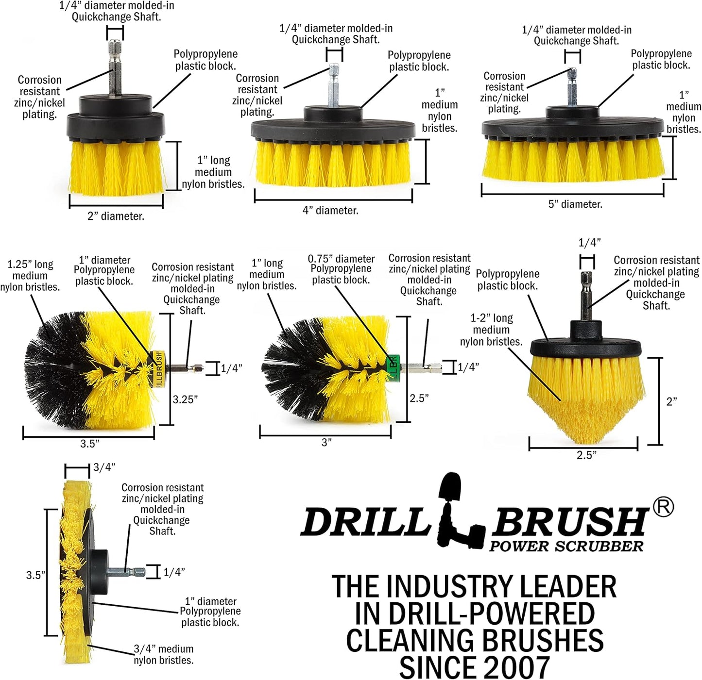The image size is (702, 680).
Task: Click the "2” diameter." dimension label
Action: (116, 216)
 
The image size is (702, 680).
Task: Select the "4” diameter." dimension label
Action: (330, 211)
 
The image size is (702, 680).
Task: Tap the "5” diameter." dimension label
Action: (575, 204)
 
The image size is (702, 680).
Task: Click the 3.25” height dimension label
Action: (185, 399)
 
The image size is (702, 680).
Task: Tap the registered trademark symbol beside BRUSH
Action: (663, 507)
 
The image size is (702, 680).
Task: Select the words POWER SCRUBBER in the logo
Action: (566, 546)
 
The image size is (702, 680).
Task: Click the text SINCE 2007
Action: (474, 667)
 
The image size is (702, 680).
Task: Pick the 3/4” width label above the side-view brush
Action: (104, 467)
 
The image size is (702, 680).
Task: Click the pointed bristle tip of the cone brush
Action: (583, 439)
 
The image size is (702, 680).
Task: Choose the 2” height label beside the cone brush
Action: (671, 402)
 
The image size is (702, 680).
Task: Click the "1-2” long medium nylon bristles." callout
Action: (491, 330)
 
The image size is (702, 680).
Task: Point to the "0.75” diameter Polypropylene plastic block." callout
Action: (341, 269)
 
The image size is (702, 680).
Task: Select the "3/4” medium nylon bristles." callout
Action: (163, 654)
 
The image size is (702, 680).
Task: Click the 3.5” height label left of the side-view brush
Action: (35, 575)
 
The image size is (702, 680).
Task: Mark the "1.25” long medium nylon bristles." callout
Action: (30, 276)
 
